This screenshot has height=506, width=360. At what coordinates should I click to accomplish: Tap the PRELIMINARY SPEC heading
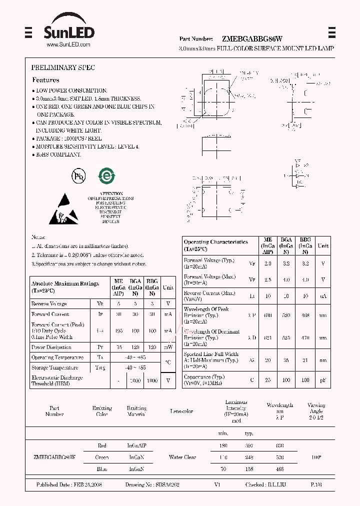(63, 67)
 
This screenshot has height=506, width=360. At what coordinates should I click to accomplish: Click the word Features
(45, 80)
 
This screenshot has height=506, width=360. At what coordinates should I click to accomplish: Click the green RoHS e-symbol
(106, 176)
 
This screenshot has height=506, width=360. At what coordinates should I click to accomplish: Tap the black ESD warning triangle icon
(63, 211)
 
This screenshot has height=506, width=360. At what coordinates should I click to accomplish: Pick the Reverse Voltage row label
(49, 304)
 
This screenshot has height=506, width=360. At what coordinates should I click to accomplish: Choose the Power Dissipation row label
(52, 347)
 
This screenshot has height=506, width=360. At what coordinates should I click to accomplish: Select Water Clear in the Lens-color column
(183, 457)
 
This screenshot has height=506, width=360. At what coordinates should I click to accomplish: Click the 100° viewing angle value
(315, 457)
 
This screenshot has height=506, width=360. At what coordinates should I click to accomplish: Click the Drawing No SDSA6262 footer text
(152, 485)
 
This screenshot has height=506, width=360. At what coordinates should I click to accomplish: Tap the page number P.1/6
(316, 485)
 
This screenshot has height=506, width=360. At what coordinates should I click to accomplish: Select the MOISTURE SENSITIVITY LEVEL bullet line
(87, 146)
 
